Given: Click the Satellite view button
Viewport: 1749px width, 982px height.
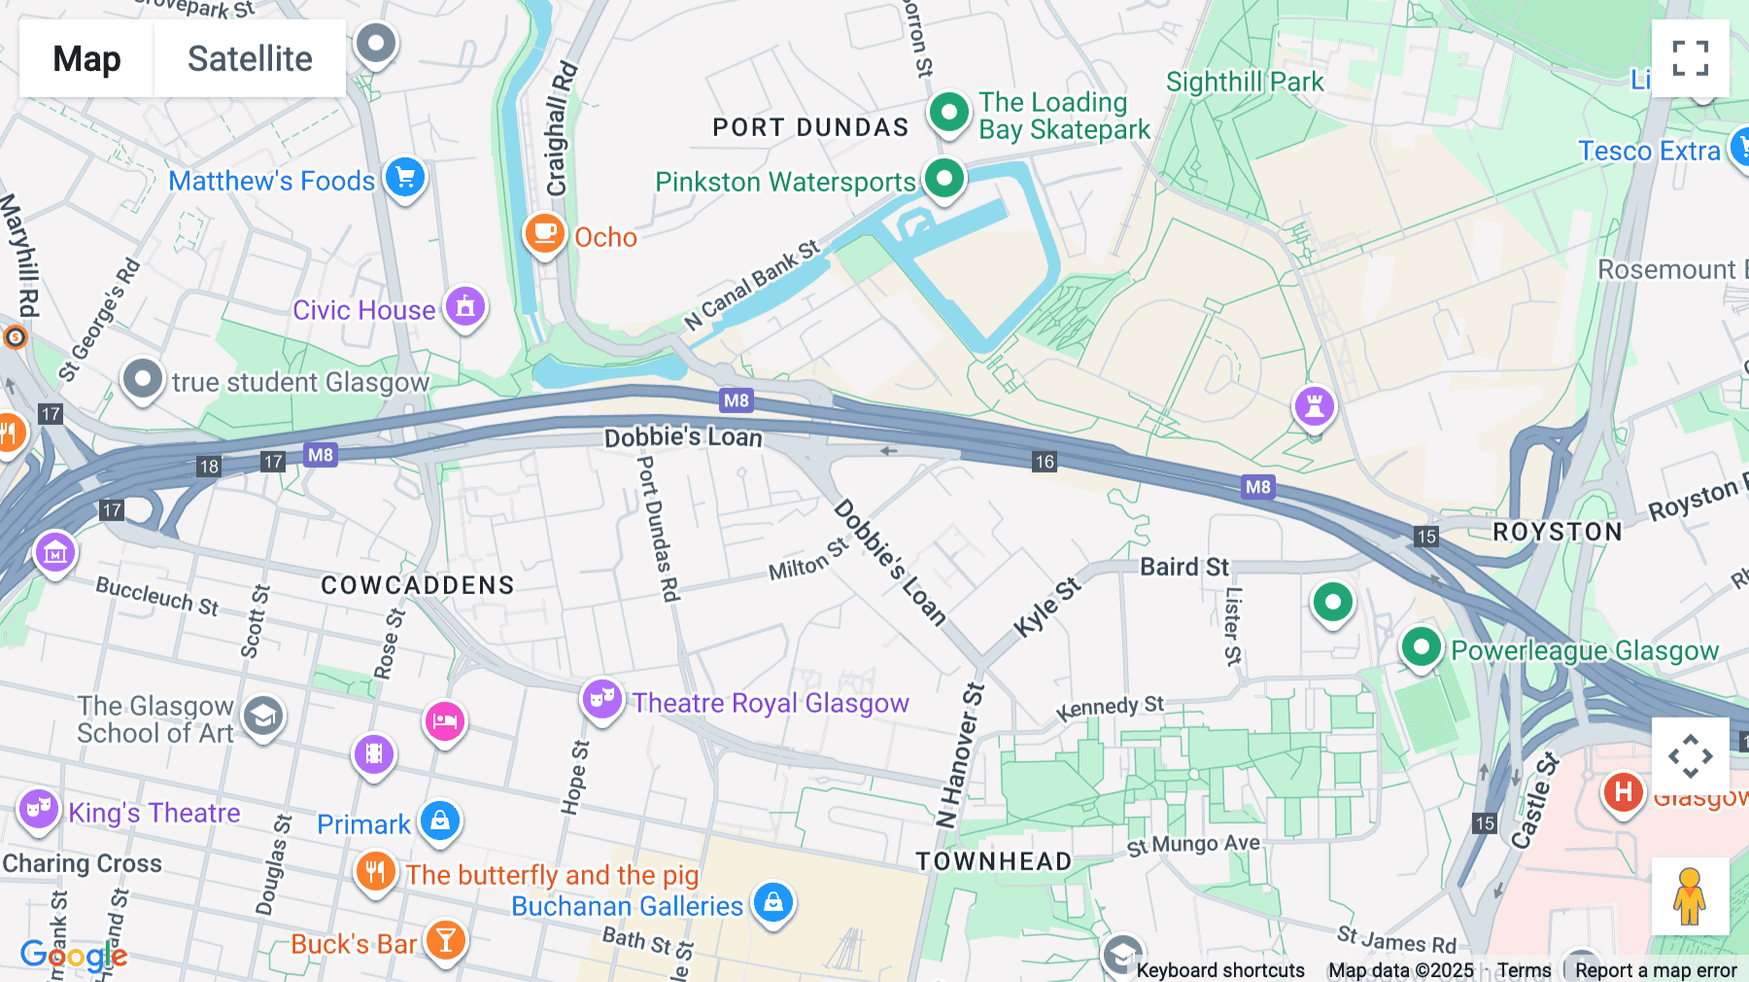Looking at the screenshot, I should tap(250, 58).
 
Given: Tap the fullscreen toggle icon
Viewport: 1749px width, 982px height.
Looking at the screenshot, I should tap(1690, 58).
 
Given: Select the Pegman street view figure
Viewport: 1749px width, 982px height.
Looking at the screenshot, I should tap(1690, 895).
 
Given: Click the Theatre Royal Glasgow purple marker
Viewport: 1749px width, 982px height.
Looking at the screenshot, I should tap(601, 699).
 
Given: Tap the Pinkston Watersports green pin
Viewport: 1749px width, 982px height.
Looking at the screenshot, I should tap(943, 178).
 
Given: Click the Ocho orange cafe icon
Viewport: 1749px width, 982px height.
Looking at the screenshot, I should tap(544, 233).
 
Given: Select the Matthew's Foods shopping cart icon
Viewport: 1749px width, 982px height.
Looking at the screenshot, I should tap(405, 178).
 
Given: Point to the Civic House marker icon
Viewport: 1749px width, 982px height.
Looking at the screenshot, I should tap(465, 307).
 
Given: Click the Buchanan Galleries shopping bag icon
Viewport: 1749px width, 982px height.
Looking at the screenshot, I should tap(773, 903).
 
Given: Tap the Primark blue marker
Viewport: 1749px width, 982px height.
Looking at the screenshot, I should tap(440, 821).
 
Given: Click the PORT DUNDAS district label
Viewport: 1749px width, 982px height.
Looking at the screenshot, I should tap(810, 127).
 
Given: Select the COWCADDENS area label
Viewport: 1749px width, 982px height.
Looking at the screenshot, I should tap(418, 585).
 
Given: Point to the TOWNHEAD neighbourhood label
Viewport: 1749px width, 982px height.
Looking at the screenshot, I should tap(993, 861).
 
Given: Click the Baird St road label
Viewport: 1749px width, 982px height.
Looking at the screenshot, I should tap(1183, 567).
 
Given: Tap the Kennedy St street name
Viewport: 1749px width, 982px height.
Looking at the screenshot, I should tap(1110, 708).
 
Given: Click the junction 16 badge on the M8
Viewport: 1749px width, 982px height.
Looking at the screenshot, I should tap(1045, 462).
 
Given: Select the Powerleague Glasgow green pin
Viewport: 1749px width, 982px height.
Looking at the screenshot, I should tap(1421, 647).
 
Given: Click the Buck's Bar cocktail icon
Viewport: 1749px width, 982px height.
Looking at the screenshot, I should tap(445, 940).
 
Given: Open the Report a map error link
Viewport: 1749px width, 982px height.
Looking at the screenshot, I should tap(1656, 970).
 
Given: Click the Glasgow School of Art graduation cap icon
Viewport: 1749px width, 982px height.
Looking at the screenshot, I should tap(263, 718).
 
